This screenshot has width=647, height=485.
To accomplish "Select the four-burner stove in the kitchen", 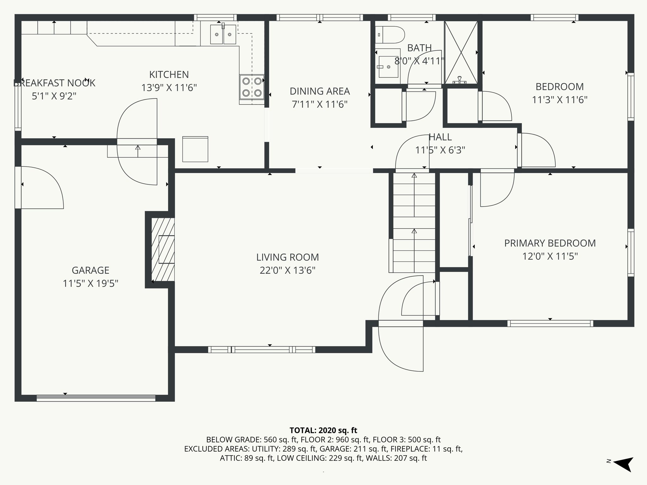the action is (252, 87).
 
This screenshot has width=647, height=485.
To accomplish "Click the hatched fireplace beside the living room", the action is (163, 249).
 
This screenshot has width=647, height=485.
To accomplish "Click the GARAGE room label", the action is (90, 270).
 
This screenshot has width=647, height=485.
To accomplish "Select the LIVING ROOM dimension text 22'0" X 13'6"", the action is (287, 271).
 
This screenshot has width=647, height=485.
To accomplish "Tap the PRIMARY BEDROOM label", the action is (550, 243).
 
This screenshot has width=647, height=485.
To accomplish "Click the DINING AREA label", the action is (320, 91).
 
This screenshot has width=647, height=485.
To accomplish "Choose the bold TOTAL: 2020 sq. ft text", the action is (323, 430).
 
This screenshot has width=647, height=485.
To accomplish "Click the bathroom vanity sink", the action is (388, 67).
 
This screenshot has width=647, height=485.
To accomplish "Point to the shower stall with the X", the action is (461, 52).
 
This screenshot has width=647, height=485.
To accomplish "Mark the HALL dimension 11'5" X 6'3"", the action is (440, 150).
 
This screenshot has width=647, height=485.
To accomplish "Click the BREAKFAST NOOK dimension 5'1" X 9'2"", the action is (54, 96).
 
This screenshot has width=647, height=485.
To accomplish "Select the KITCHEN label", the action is (169, 75).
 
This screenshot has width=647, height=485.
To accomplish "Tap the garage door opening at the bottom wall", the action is (96, 398).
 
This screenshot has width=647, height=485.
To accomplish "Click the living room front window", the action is (262, 350).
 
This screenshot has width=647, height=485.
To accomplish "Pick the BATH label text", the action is (419, 48).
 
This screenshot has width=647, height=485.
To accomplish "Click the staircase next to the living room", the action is (414, 223).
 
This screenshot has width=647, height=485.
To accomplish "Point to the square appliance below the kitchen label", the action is (195, 149).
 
